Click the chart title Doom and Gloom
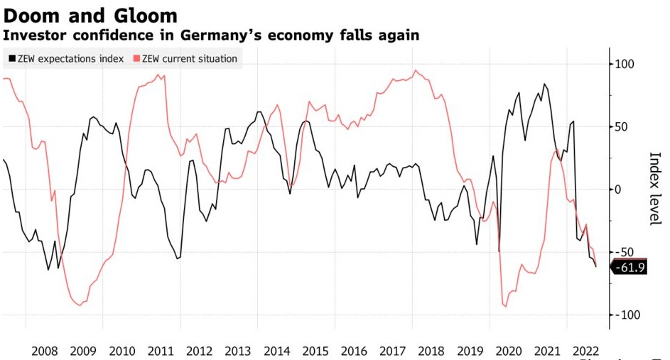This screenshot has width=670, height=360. pos(90,14)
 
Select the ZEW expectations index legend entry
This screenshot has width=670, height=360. pos(67,59)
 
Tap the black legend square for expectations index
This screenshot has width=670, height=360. pos(12,59)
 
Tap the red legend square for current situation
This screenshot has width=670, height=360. pos(136,59)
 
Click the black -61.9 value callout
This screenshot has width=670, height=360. pos(628,268)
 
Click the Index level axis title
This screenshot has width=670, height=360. pos(655,189)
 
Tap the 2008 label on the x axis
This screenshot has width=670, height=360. pos(45,351)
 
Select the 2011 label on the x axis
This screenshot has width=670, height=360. pos(161,351)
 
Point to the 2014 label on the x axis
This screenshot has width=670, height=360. pos(276,351)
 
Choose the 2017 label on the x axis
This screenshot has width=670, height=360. pos(392,351)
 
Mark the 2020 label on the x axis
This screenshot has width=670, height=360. pos(509,351)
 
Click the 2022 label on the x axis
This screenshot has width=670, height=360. pos(585,351)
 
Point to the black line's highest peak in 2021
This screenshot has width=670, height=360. pos(544,84)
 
